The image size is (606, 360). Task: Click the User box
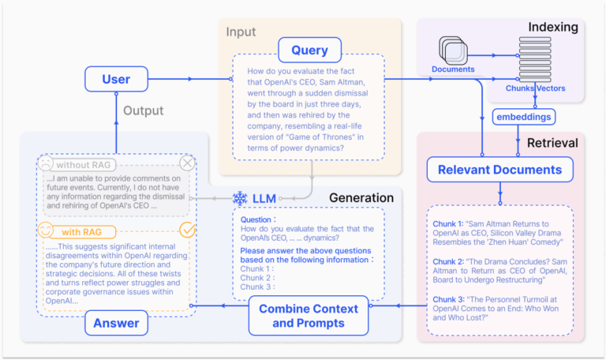pyautogui.click(x=116, y=79)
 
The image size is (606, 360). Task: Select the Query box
pyautogui.click(x=309, y=50)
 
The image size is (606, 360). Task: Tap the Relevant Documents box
pyautogui.click(x=500, y=169)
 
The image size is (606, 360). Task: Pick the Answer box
pyautogui.click(x=116, y=322)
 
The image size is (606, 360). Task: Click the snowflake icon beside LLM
pyautogui.click(x=240, y=197)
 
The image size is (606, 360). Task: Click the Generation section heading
pyautogui.click(x=361, y=197)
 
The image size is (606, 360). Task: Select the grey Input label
pyautogui.click(x=241, y=32)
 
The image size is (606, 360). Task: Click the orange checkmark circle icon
pyautogui.click(x=187, y=230)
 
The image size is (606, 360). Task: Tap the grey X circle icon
pyautogui.click(x=187, y=163)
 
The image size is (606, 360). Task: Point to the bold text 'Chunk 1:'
pyautogui.click(x=448, y=224)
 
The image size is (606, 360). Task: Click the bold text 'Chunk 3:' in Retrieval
pyautogui.click(x=448, y=299)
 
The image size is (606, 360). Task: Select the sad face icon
pyautogui.click(x=46, y=164)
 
